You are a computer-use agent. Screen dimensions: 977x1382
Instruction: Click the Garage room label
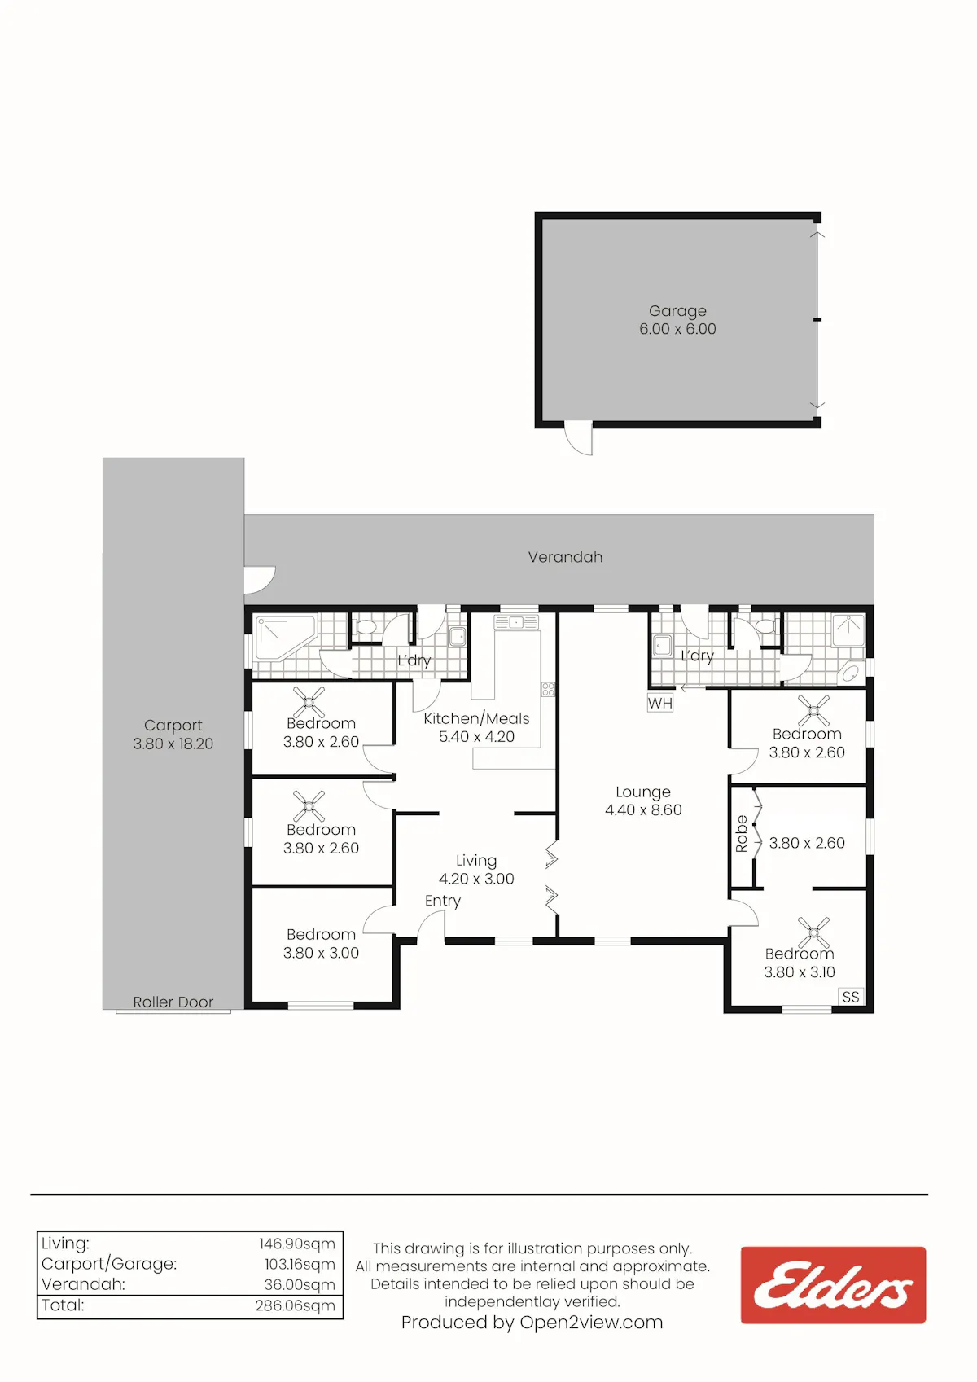coord(677,311)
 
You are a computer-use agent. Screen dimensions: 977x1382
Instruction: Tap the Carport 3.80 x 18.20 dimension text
coord(173,744)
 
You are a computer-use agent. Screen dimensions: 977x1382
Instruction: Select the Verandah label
coord(565,557)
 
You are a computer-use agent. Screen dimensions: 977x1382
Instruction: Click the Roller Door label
coord(173,1002)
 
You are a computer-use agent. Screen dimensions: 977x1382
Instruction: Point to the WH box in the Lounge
coord(660,703)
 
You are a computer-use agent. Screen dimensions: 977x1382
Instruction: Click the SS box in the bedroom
coord(851,997)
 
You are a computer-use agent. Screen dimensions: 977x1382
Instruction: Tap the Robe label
coord(742,834)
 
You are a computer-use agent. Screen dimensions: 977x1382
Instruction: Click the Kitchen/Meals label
coord(476,719)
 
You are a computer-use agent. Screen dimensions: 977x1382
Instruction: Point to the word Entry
coord(443,901)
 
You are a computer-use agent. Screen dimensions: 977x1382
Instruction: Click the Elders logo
coord(833,1284)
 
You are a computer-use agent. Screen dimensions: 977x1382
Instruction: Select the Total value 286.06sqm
coord(296,1305)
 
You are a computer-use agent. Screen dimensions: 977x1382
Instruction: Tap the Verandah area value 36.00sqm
coord(300,1284)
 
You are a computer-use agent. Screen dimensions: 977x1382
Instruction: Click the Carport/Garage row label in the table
coord(109,1264)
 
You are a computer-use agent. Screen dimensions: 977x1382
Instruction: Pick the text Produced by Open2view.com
coord(532,1323)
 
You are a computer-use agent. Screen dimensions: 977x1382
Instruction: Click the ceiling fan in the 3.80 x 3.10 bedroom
coord(813,932)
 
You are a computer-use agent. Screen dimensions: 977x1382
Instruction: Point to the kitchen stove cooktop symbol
coord(548,689)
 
